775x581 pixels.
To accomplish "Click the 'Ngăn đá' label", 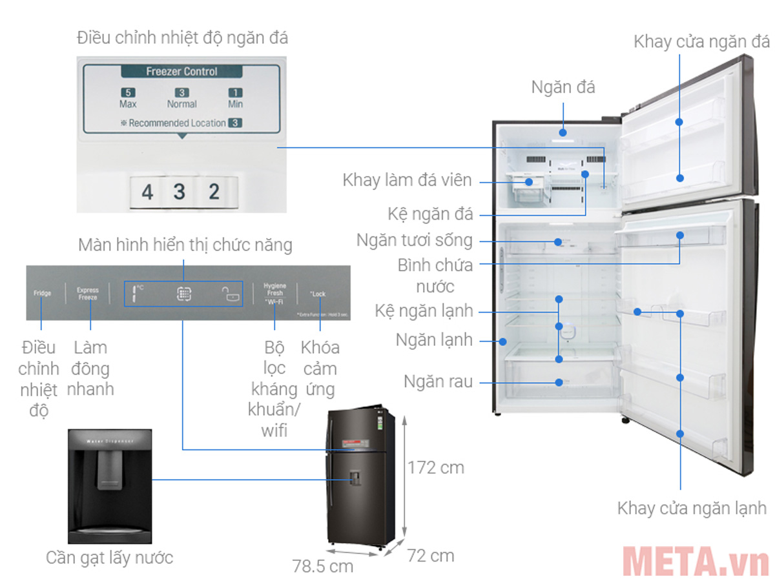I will click(x=563, y=87).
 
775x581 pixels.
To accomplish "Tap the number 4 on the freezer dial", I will click(x=148, y=192).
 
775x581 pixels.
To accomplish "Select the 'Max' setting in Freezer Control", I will click(x=128, y=98).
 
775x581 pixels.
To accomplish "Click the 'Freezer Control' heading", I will click(x=181, y=72).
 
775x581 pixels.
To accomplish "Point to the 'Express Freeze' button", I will click(x=87, y=294).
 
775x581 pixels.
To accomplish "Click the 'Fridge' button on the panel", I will click(x=42, y=293).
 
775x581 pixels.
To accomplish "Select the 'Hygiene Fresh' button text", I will click(x=274, y=289).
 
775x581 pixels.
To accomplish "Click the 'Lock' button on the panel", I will click(x=318, y=294).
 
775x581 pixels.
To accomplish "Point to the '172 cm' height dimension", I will click(x=436, y=467).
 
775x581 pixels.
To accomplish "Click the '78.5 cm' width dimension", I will click(x=323, y=566).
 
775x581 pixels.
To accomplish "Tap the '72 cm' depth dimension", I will click(x=430, y=555).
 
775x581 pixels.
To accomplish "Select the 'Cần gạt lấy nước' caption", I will click(x=109, y=557).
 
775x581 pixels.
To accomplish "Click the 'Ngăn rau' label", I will click(x=438, y=382).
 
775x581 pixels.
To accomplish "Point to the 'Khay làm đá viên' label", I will click(x=408, y=181).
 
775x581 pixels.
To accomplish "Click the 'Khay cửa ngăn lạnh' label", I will click(x=692, y=507).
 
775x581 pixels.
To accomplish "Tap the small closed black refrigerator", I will click(x=358, y=478).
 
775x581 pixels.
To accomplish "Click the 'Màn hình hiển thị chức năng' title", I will click(x=185, y=245).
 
